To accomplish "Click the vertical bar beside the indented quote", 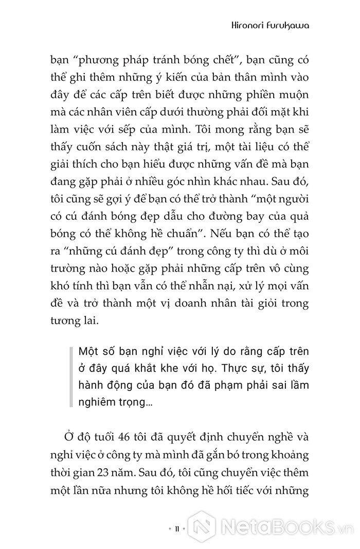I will click(70, 380).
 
